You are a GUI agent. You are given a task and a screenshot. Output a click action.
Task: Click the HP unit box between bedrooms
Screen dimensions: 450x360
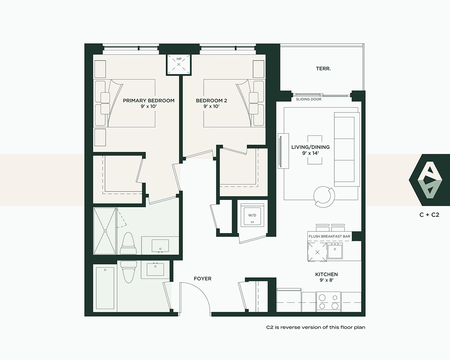click(179, 64)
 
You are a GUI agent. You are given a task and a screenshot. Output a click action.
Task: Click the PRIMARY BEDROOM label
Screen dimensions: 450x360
click(148, 101)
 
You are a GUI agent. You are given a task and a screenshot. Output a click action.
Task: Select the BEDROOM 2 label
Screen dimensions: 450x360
click(211, 101)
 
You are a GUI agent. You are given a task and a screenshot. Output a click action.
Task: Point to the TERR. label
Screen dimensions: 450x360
click(323, 68)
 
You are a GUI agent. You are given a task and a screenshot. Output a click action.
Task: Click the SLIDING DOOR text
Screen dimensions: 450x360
click(309, 99)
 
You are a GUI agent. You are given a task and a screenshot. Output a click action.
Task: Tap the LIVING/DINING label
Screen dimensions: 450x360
click(310, 147)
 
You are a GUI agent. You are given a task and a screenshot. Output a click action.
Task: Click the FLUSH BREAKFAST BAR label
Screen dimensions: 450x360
click(329, 237)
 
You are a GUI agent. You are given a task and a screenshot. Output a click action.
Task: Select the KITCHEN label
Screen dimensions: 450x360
click(327, 274)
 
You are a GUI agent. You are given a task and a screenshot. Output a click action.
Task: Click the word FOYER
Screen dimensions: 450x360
click(202, 279)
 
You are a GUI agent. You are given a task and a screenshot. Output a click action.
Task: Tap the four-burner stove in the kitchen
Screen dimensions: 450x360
click(328, 301)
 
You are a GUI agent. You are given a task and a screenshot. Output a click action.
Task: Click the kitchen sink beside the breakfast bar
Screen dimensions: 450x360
click(335, 251)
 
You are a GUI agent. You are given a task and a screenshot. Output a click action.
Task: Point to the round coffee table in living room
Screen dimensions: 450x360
click(324, 197)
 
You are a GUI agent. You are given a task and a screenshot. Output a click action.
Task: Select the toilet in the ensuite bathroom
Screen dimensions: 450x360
click(128, 243)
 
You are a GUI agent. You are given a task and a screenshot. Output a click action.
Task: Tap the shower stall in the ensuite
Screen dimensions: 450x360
click(105, 231)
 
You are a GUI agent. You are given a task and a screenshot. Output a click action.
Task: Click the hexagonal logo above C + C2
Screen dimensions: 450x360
click(429, 180)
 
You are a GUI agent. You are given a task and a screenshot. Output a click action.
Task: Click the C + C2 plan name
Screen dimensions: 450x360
click(429, 215)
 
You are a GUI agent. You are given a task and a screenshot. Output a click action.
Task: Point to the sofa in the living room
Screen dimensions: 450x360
click(346, 149)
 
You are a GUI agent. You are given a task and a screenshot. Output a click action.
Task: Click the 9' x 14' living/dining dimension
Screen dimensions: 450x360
click(310, 153)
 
